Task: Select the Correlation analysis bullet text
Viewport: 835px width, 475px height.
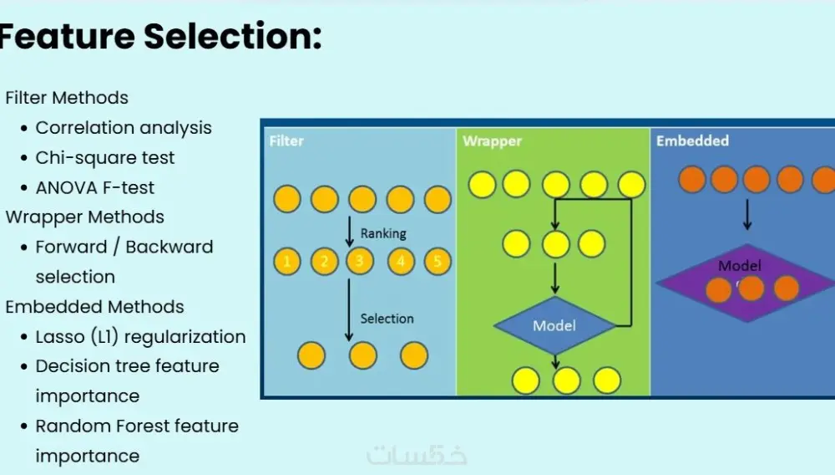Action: pos(124,128)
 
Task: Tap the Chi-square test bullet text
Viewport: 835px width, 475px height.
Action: pos(105,158)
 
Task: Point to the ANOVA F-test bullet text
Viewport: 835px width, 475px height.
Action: pos(95,188)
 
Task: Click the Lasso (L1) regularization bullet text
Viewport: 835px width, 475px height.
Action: pos(140,337)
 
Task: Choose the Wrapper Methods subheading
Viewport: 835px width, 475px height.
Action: pos(84,217)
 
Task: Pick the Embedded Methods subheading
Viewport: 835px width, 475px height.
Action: pos(94,307)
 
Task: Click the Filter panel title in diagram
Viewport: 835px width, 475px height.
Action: pos(286,141)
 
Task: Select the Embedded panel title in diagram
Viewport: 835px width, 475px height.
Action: pos(692,140)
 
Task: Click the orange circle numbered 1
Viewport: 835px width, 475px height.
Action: pos(287,262)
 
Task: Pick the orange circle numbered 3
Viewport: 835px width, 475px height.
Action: pos(360,262)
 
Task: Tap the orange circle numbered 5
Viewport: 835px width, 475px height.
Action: pos(438,262)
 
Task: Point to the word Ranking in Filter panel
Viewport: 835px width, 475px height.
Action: pos(383,234)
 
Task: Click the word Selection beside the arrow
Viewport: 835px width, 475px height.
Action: pos(387,319)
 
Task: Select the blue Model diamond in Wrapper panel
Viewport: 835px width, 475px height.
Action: pos(554,324)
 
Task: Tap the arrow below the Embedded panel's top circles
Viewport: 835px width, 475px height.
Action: pos(747,214)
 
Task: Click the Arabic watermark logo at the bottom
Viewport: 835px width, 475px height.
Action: pos(417,455)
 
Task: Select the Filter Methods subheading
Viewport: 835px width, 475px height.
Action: pos(67,98)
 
